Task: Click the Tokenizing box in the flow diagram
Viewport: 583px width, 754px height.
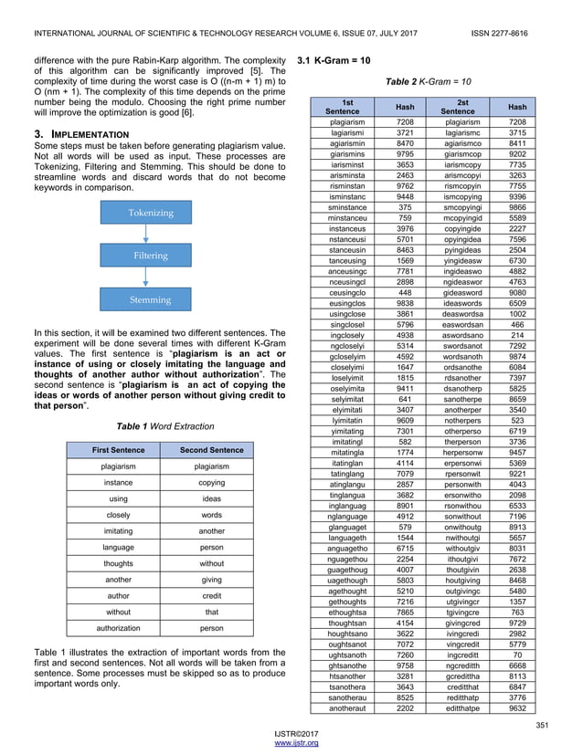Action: [x=151, y=213]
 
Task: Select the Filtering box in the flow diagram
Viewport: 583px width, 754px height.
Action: [x=151, y=257]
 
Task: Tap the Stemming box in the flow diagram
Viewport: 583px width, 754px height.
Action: [x=151, y=299]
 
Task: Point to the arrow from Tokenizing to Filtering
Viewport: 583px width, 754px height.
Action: [x=151, y=235]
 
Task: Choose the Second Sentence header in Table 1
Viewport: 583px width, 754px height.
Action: [x=212, y=450]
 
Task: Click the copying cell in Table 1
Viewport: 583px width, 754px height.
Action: [x=212, y=482]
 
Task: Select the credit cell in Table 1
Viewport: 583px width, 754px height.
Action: [x=212, y=594]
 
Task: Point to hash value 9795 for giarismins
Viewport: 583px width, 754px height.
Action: [x=405, y=155]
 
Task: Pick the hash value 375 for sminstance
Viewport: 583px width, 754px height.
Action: [x=405, y=207]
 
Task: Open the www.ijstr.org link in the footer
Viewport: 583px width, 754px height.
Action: [x=291, y=744]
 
